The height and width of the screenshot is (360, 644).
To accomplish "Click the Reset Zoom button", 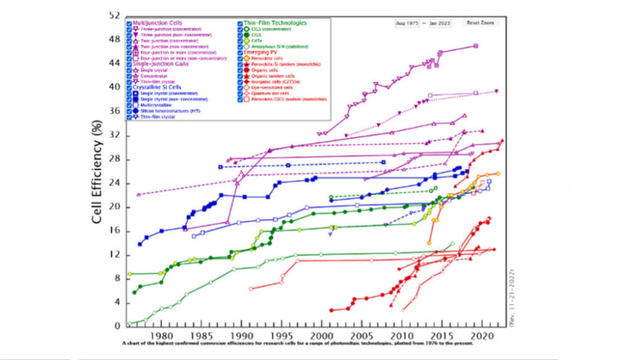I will pos(480,23).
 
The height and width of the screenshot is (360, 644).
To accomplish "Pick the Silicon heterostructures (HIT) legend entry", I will pos(164,110).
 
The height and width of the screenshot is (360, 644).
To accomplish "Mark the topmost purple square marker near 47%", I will pos(476,45).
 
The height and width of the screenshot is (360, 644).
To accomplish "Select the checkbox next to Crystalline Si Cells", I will pos(129,87).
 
